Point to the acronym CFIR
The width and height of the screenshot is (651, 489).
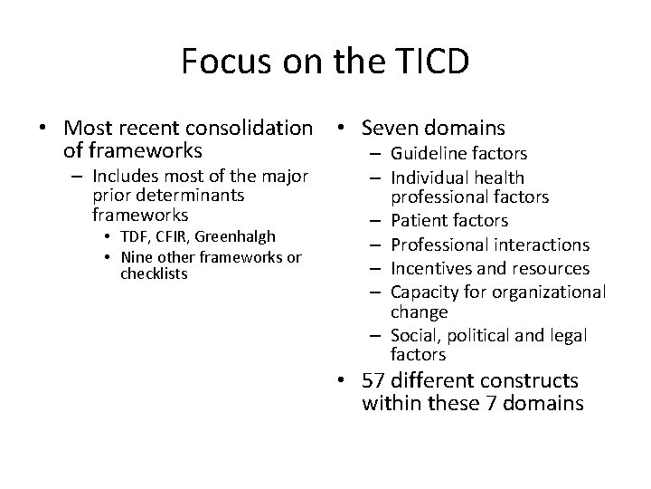click(180, 236)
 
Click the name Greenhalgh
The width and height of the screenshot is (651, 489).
click(241, 236)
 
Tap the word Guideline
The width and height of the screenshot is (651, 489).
click(426, 154)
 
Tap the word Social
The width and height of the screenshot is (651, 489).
click(412, 336)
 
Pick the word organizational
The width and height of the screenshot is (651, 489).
click(549, 292)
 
